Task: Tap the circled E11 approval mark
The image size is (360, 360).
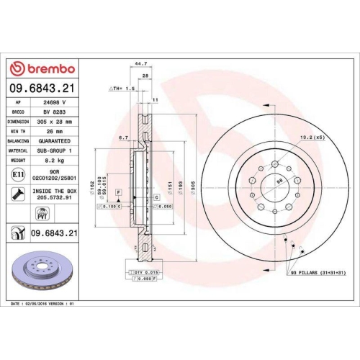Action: point(17,175)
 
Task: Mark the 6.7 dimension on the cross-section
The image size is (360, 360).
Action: point(123,137)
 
